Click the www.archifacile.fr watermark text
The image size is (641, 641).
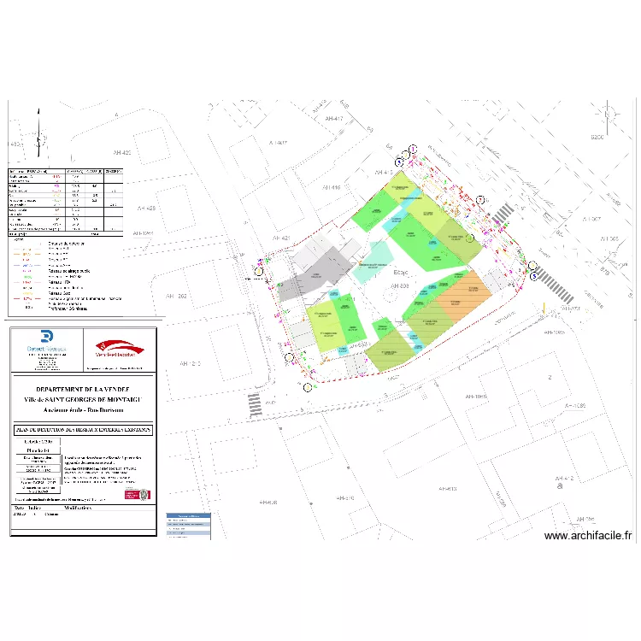point(587,536)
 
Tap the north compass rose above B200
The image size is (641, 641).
point(606,114)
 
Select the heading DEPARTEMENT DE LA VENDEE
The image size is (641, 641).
point(83,389)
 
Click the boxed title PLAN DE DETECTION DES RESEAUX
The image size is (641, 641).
point(83,429)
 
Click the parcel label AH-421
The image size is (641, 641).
point(282,237)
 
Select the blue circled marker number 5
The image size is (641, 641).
point(535,276)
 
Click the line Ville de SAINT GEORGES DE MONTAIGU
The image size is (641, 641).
point(83,399)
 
